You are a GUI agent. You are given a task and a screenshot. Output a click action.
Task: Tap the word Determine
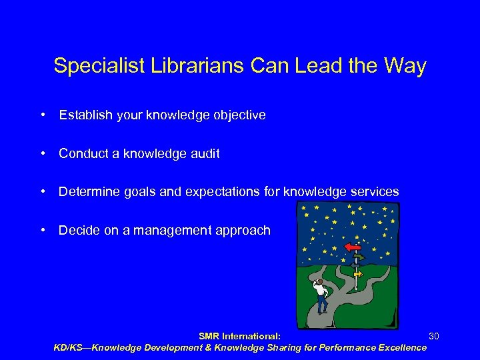(86, 192)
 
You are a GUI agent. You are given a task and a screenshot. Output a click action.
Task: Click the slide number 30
(434, 335)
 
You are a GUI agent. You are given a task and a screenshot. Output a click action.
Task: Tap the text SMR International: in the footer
(239, 336)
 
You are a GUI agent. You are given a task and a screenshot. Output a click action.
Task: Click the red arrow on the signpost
(353, 247)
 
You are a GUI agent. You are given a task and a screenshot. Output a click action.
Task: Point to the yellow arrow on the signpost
(358, 273)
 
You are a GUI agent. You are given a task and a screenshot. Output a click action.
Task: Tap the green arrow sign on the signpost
(359, 258)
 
